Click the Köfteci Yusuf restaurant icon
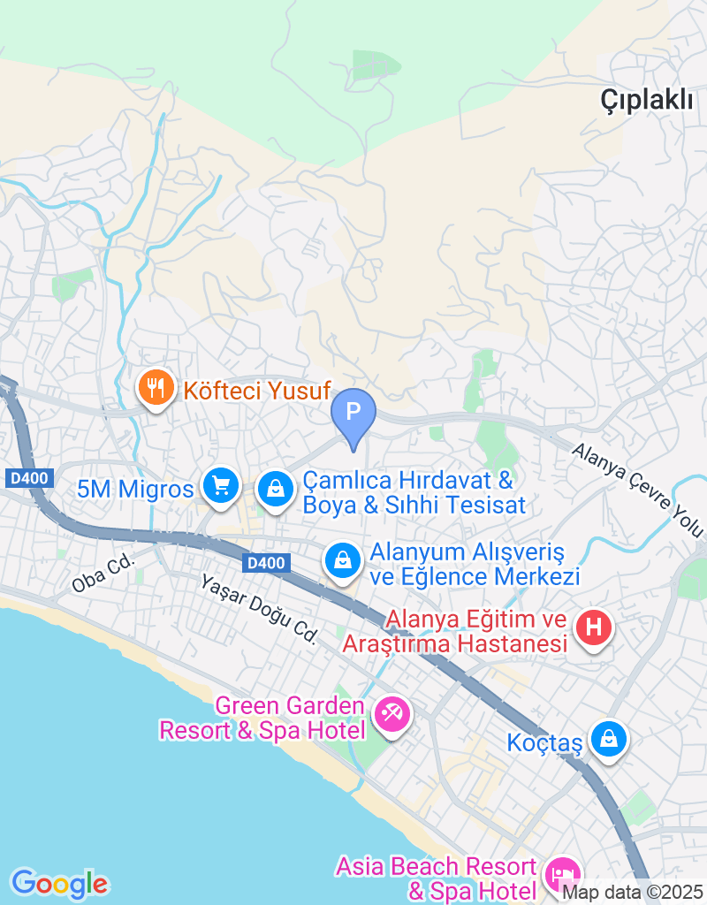156,390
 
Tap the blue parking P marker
353,413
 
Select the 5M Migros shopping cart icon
220,485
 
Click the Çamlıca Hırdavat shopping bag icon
276,488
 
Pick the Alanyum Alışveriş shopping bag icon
340,560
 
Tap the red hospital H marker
594,627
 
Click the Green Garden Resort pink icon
392,713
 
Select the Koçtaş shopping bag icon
608,740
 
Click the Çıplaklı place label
647,100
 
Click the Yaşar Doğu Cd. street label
258,608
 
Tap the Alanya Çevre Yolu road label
636,490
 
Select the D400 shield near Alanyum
266,563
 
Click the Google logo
59,883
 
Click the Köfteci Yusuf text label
256,390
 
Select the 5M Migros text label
135,489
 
